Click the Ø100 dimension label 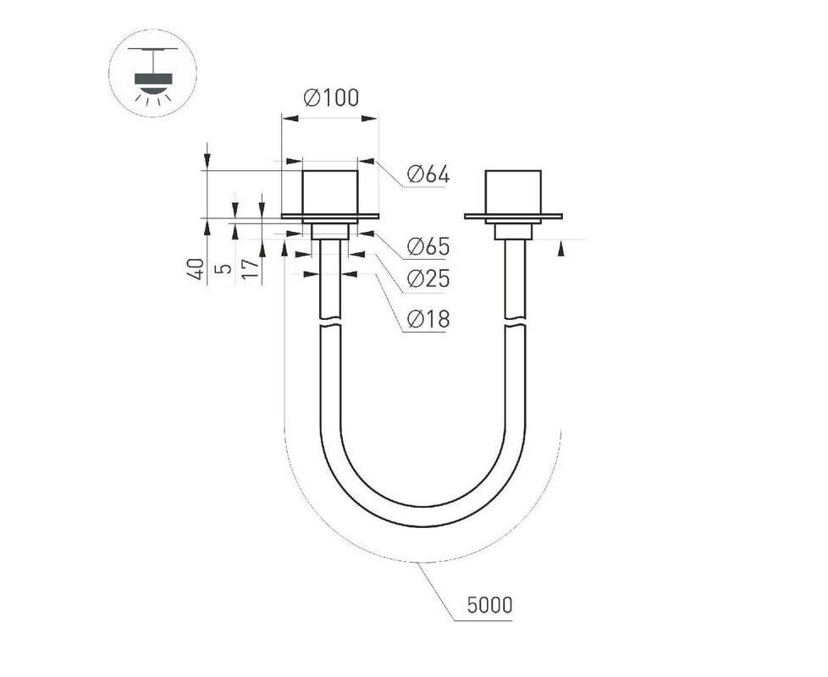coord(331,97)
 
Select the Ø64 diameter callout coord(428,174)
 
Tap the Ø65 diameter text coord(428,246)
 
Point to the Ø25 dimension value coord(428,278)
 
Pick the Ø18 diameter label coord(428,319)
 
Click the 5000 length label coord(489,605)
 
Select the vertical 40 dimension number coord(197,269)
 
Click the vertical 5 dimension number coord(225,268)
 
